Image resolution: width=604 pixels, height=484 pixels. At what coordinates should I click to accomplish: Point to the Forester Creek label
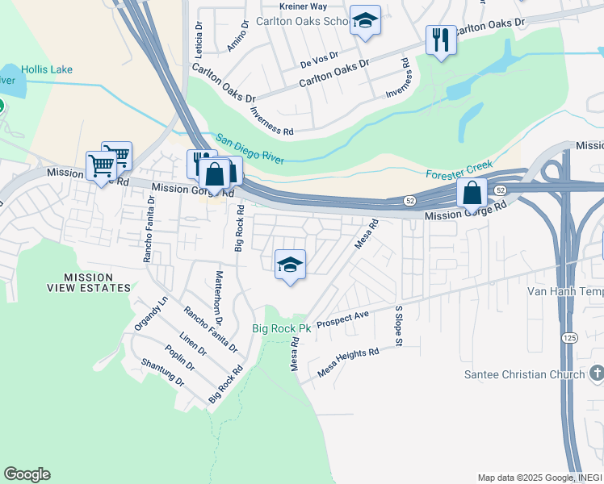[x=458, y=170]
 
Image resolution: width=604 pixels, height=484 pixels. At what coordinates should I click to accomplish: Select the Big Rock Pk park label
[x=281, y=328]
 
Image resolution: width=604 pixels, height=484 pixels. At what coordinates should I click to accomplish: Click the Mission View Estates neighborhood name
[x=98, y=282]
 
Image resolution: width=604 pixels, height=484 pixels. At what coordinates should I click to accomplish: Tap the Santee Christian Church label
[x=525, y=374]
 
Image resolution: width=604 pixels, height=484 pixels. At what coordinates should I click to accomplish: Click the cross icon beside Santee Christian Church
[x=597, y=373]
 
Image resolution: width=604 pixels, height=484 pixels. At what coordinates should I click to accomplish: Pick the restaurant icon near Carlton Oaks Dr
[x=440, y=40]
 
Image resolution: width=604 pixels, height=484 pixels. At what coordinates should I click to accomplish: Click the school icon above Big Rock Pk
[x=290, y=264]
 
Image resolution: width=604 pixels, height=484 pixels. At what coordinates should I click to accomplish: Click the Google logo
[x=27, y=474]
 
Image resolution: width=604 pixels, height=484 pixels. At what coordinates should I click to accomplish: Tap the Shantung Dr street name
[x=162, y=373]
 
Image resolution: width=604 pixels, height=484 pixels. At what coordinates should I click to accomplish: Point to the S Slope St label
[x=399, y=327]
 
